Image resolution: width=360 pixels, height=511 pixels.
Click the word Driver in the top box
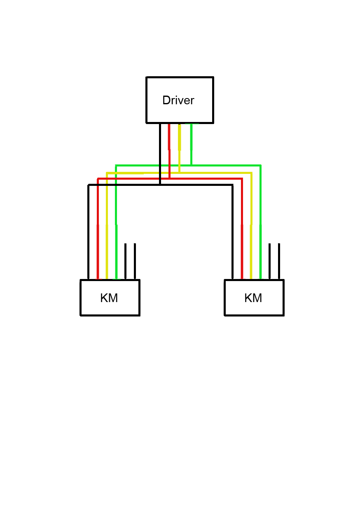[178, 101]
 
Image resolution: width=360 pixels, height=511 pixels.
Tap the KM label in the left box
[109, 298]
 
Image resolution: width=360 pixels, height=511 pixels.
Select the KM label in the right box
[253, 298]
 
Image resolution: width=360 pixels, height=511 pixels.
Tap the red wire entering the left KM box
[98, 247]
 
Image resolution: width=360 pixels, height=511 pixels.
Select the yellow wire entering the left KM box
[107, 247]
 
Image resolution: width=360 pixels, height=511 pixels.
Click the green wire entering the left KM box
[116, 247]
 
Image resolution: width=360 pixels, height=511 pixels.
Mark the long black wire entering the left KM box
[89, 247]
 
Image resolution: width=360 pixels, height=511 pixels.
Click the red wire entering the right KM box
[242, 247]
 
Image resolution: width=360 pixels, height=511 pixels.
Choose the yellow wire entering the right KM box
[251, 247]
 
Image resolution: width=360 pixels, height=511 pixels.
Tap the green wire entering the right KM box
[260, 247]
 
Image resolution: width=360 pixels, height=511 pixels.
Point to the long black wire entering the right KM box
[233, 247]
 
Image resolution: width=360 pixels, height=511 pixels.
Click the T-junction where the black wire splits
[160, 185]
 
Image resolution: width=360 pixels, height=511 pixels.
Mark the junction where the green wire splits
[191, 165]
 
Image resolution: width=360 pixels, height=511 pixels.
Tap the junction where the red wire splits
[169, 178]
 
